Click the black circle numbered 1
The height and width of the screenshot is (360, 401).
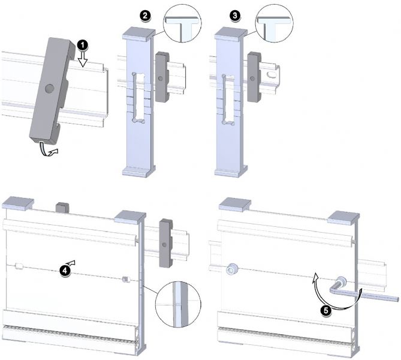coord(82,46)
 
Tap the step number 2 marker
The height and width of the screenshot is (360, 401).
coord(145,16)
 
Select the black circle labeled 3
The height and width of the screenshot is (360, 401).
coord(235,16)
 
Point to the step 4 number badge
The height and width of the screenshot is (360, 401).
coord(65,271)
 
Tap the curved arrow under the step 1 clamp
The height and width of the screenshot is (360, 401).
coord(49,150)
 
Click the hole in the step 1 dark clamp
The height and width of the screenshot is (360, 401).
coord(49,89)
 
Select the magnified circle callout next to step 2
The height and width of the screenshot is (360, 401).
coord(182,23)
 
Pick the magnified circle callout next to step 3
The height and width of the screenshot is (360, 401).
coord(274,23)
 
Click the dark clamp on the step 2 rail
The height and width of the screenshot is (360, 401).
coord(162,77)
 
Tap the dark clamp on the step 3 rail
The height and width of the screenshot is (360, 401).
coord(254,77)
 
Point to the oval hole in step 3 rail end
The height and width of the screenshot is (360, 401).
coord(272,75)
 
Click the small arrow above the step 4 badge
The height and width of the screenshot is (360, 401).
coord(71,262)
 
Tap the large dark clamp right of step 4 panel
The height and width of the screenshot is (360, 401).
coord(166,243)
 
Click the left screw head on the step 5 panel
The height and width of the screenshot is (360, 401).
coord(232,269)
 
